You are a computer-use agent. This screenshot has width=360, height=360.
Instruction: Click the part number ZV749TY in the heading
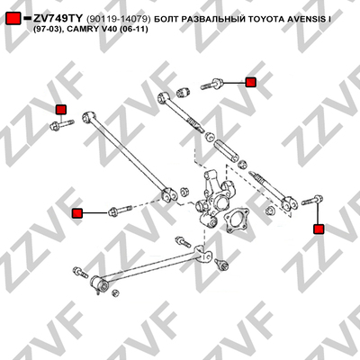pyautogui.click(x=58, y=19)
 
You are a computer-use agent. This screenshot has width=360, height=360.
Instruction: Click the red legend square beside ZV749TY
pyautogui.click(x=13, y=19)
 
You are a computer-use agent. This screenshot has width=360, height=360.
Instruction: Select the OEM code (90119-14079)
pyautogui.click(x=118, y=19)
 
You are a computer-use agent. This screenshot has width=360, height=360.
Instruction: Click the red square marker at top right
pyautogui.click(x=250, y=82)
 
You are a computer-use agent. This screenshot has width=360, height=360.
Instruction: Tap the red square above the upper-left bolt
pyautogui.click(x=61, y=110)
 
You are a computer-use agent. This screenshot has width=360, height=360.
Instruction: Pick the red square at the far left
pyautogui.click(x=77, y=213)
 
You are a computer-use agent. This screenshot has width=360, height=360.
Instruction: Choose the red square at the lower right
pyautogui.click(x=319, y=229)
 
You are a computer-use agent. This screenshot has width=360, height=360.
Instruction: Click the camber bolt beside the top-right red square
pyautogui.click(x=211, y=84)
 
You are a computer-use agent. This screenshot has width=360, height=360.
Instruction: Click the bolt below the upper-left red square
pyautogui.click(x=62, y=125)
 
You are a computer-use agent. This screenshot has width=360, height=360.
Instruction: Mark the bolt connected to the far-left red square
pyautogui.click(x=120, y=211)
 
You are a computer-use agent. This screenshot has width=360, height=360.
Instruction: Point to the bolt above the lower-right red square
pyautogui.click(x=312, y=200)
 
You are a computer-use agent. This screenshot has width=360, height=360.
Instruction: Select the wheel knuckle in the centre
pyautogui.click(x=214, y=200)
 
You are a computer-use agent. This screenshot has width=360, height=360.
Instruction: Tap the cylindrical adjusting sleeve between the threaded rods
pyautogui.click(x=226, y=150)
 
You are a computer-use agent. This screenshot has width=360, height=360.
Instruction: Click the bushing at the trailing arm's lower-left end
pyautogui.click(x=98, y=283)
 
